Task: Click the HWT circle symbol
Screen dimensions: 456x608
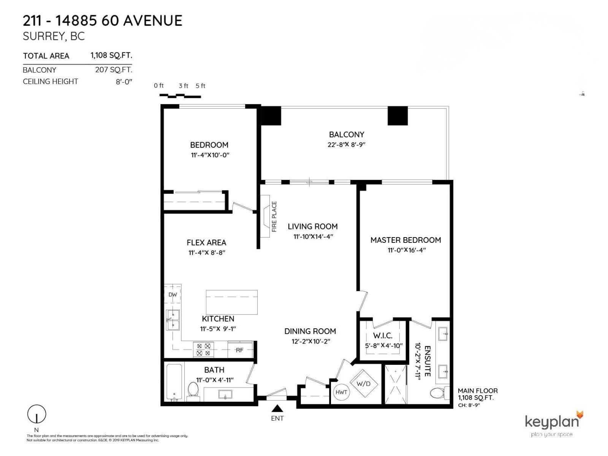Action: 341,392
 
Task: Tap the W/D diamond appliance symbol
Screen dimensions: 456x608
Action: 363,384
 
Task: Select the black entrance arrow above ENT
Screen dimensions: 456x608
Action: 277,408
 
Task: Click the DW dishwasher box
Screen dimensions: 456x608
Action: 173,295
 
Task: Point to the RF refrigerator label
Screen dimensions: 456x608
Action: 239,350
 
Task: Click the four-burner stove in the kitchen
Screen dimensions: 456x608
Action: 203,350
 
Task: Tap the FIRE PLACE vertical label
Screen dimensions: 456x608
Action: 274,217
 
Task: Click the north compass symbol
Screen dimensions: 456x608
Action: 37,414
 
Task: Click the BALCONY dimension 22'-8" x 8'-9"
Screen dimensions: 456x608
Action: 346,144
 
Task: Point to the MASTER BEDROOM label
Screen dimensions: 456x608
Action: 405,240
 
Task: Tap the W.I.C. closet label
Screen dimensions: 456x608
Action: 382,336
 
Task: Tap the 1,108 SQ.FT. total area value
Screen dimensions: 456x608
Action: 111,55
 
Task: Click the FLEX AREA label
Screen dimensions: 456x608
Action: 206,242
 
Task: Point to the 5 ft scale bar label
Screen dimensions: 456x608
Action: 200,86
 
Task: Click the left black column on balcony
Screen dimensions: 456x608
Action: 271,116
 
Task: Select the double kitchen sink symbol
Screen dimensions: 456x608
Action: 173,320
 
